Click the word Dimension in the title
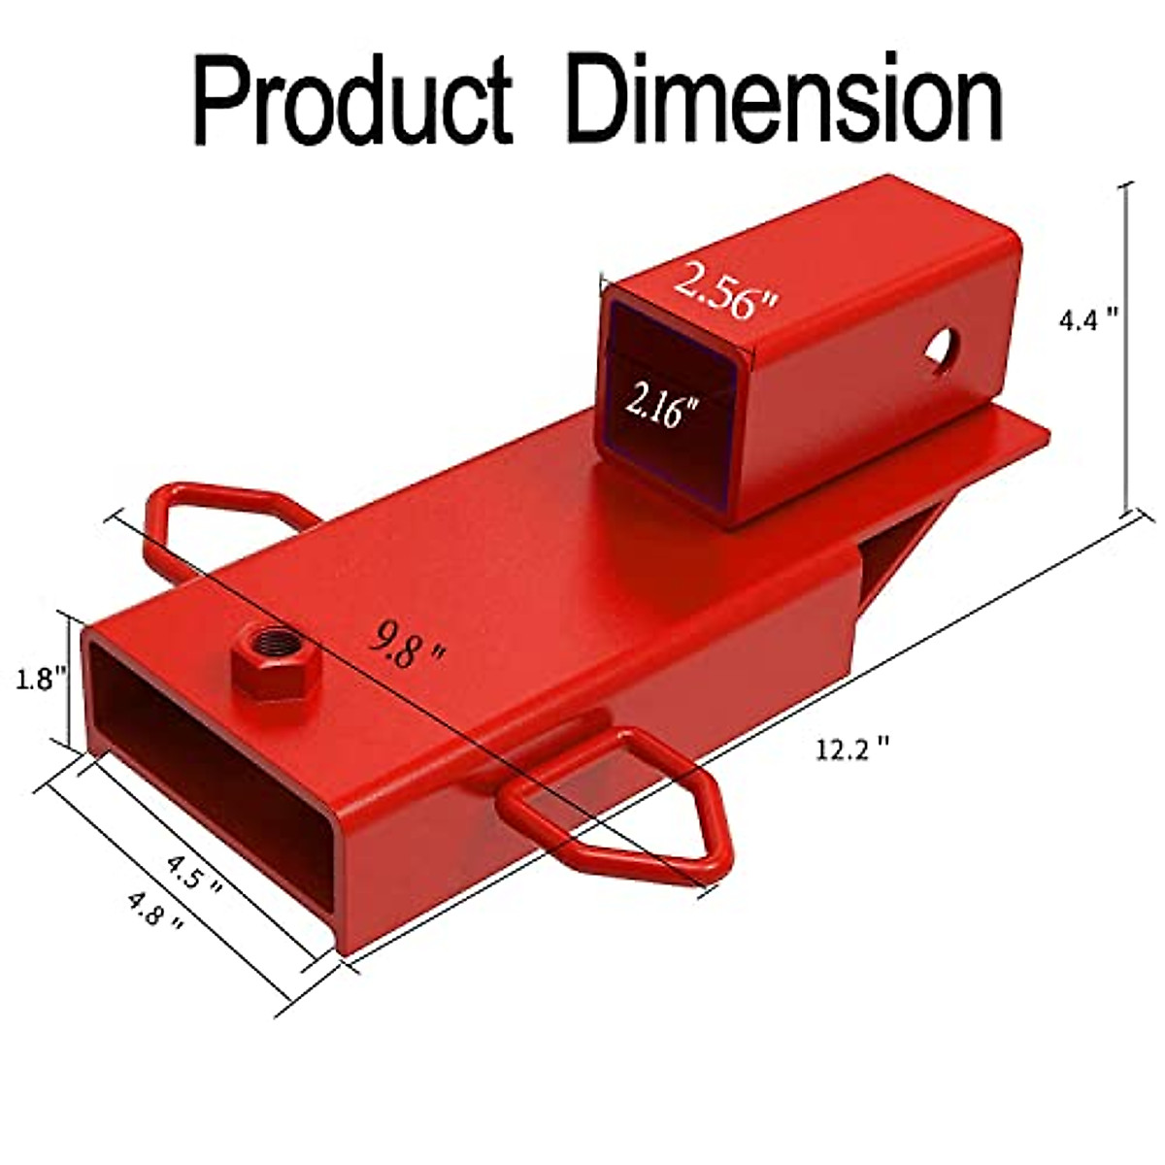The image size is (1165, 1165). pos(784,99)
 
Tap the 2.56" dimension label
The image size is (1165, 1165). pos(727,290)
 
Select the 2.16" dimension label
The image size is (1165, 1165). pos(662,406)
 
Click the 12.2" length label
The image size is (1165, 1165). pos(852,749)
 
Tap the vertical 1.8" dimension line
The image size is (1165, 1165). pos(69,680)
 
